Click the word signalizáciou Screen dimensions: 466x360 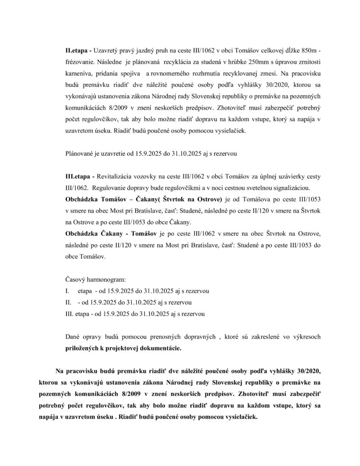[x=290, y=187]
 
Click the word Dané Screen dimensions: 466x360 [x=74, y=337]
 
